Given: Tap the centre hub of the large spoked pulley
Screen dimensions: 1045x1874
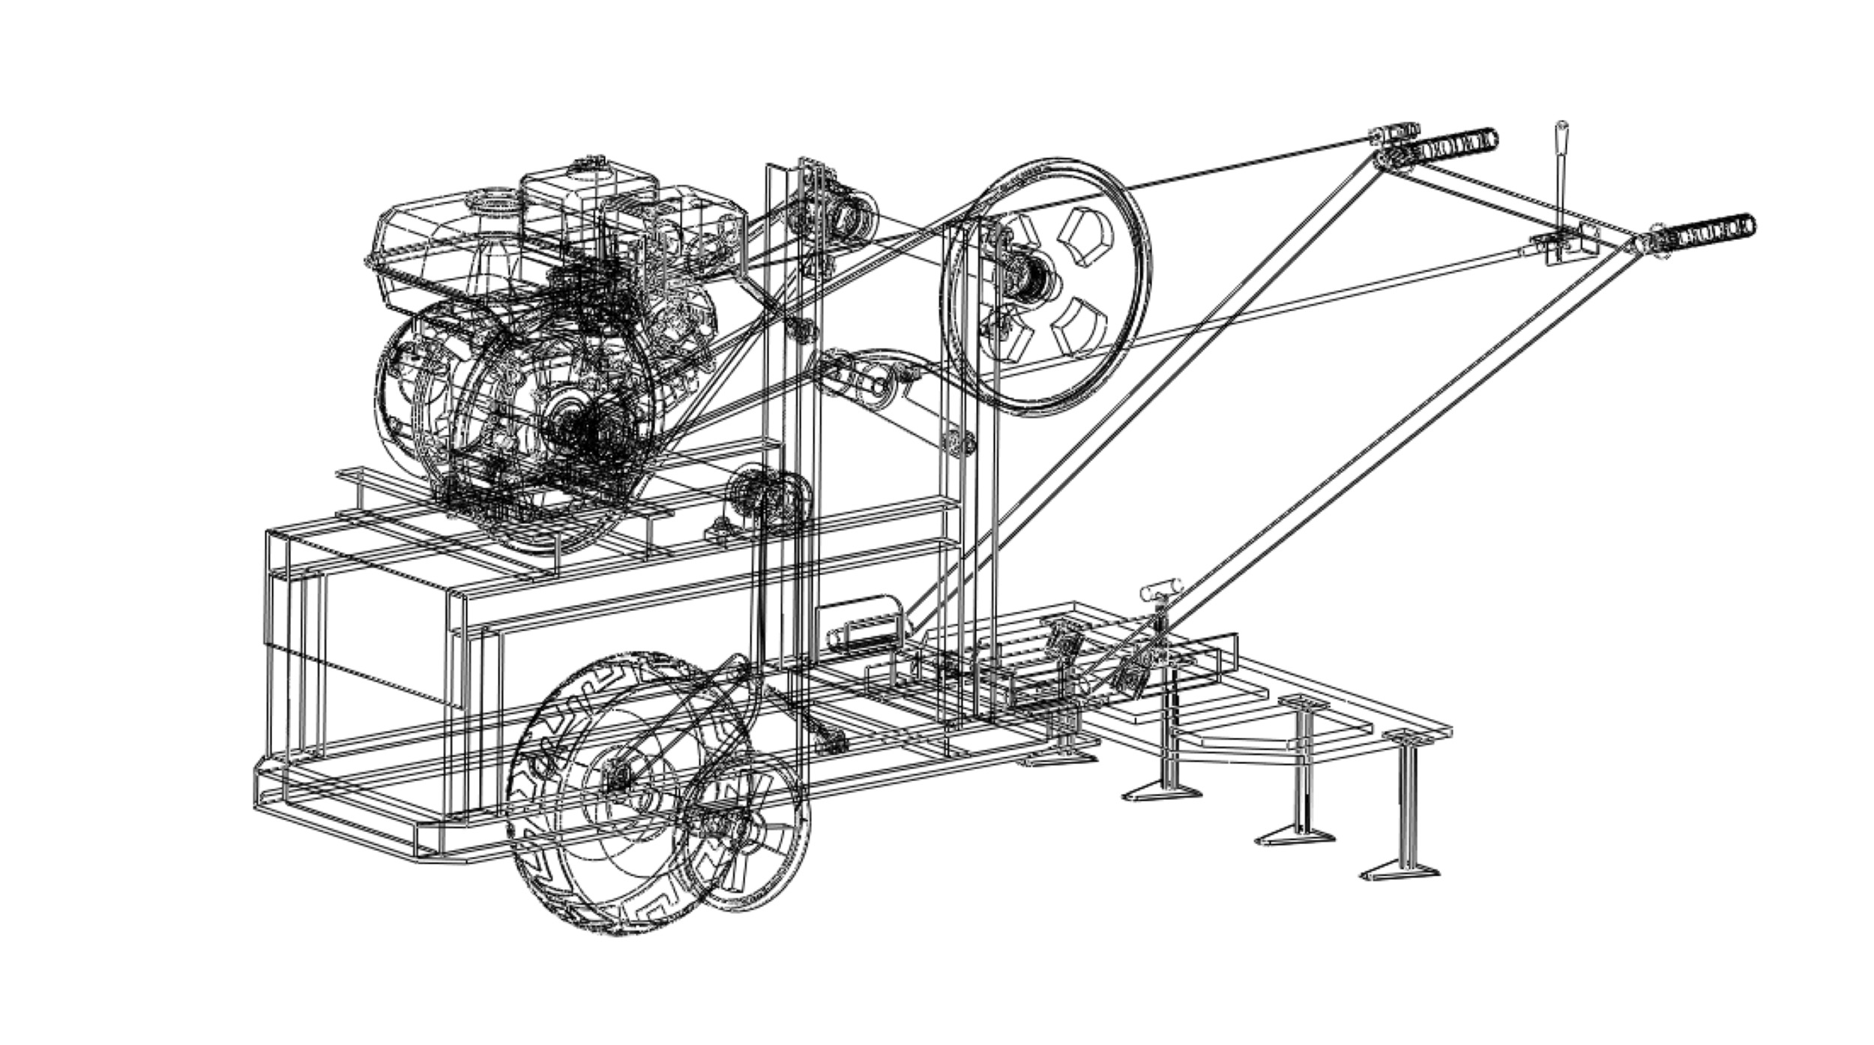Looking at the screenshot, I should click(x=1031, y=283).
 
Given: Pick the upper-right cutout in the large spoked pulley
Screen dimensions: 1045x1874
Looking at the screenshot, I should click(x=1086, y=235).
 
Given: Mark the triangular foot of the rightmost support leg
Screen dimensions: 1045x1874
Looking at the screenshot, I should click(x=1399, y=872).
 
